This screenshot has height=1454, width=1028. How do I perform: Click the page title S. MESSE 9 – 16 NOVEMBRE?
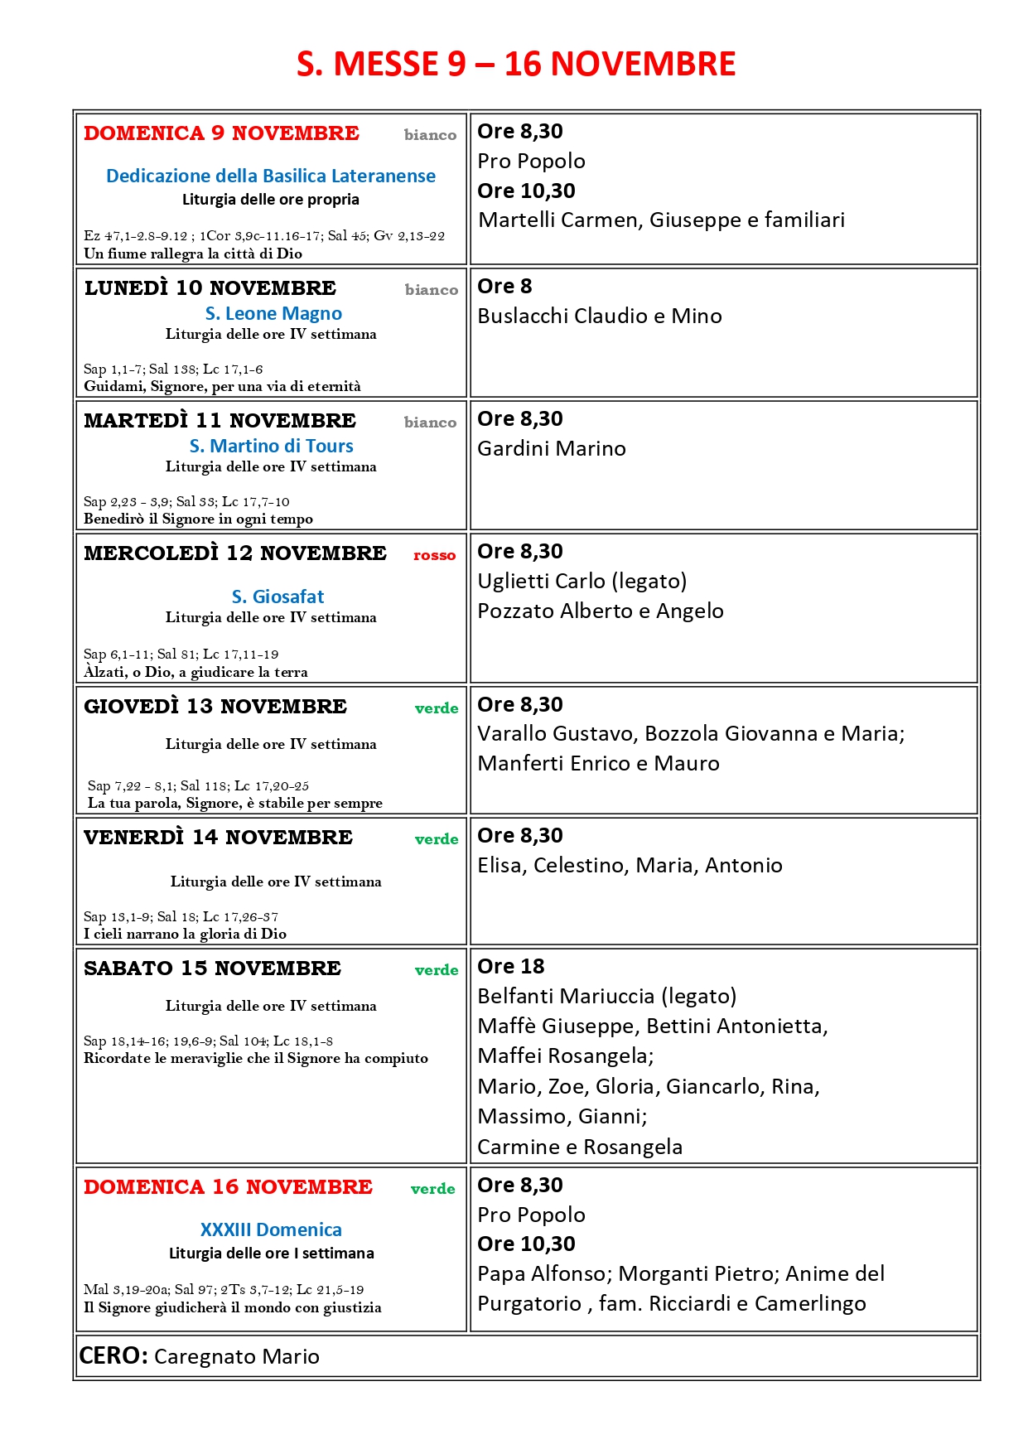(x=515, y=64)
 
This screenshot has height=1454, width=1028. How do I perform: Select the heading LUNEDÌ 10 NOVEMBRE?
(x=210, y=288)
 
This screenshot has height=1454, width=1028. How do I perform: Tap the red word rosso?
(x=434, y=555)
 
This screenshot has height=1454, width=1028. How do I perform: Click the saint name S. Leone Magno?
(x=273, y=313)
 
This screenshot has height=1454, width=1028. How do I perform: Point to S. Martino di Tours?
(x=271, y=446)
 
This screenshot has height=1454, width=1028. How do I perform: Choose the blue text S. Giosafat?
(x=278, y=597)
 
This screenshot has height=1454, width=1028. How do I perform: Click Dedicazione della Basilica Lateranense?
(x=271, y=176)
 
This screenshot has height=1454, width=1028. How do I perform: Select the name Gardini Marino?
(x=552, y=448)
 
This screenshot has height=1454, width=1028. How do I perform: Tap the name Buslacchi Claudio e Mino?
(x=600, y=316)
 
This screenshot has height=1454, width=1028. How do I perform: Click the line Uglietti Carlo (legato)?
(x=582, y=581)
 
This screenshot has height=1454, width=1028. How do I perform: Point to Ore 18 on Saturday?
(x=511, y=966)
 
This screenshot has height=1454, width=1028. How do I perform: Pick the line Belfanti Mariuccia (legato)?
(x=607, y=996)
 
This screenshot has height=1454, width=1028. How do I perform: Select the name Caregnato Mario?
(x=237, y=1356)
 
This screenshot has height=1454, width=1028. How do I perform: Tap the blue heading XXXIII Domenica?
(x=271, y=1229)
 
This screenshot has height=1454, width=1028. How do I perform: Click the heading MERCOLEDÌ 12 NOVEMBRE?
(x=235, y=553)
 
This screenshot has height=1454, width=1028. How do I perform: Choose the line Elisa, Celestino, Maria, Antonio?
(x=630, y=865)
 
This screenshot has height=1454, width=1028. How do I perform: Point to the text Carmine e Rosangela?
(x=580, y=1147)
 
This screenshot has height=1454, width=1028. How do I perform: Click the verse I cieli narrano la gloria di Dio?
(x=185, y=934)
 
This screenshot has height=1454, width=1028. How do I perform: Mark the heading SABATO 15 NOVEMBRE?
(x=212, y=968)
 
